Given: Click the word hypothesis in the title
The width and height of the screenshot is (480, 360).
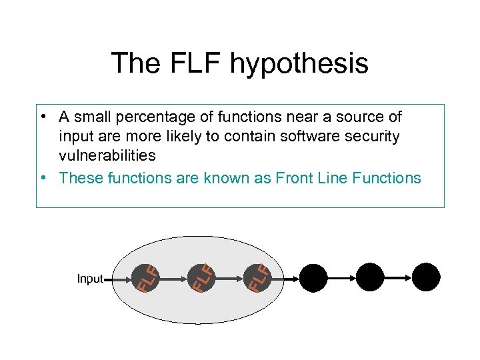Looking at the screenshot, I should coord(299,64).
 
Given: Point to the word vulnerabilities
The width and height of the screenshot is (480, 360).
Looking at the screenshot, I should coord(107,155).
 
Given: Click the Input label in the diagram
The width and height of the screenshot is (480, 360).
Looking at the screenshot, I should coord(90,279).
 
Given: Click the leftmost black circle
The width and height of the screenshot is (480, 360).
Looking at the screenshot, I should coord(313,277).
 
